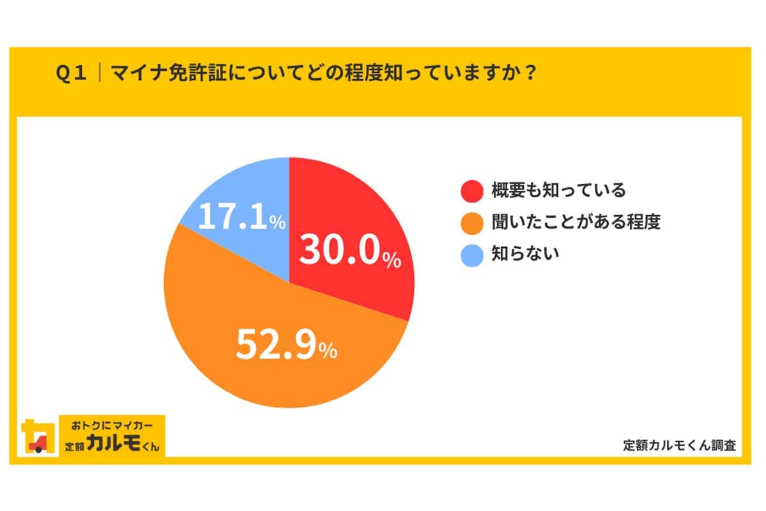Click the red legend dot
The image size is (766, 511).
471,190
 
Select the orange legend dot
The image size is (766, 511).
471,222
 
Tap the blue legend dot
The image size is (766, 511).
471,254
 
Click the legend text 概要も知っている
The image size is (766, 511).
558,190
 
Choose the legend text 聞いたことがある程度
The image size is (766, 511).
576,222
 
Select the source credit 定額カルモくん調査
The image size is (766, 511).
679,445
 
